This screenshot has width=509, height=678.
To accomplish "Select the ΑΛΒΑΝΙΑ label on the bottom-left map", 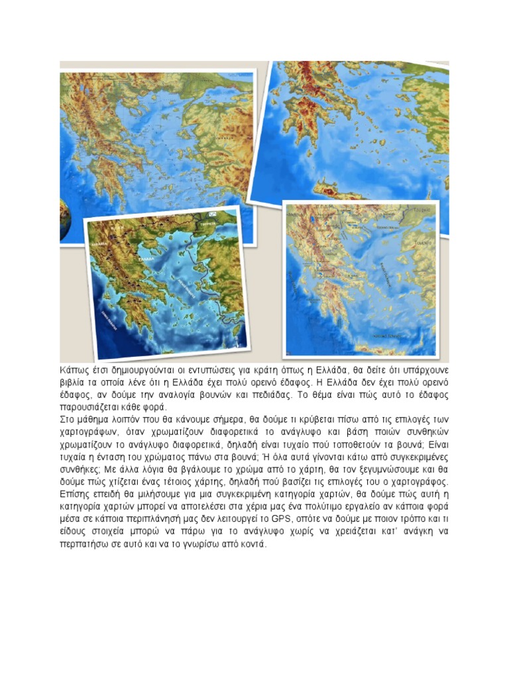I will pos(101,244).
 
